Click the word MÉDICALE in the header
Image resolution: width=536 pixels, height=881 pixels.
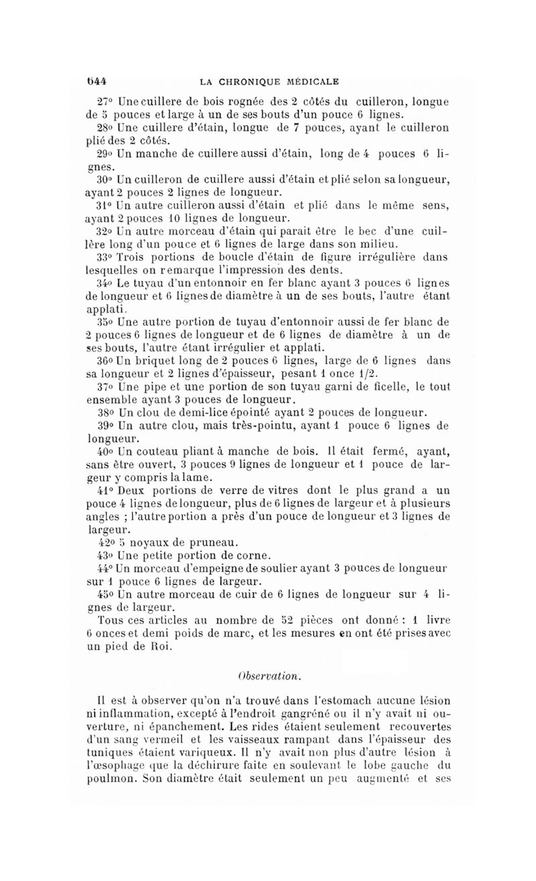pyautogui.click(x=312, y=82)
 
